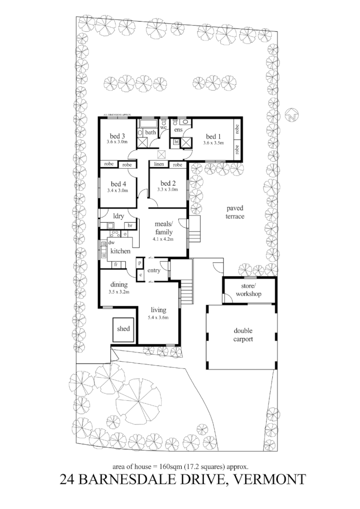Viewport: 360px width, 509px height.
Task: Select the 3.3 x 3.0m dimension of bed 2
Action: (168, 190)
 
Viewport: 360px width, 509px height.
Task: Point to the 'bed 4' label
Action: (118, 184)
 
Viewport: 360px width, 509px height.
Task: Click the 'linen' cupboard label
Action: (159, 165)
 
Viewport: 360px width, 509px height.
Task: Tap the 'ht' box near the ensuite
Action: (176, 142)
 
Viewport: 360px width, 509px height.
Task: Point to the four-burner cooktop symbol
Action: (115, 233)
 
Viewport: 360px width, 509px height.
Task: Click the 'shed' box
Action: (124, 329)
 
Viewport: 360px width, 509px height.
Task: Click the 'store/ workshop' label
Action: (249, 290)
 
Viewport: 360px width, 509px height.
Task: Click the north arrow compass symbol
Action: (293, 116)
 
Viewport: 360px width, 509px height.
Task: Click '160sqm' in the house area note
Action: (173, 466)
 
